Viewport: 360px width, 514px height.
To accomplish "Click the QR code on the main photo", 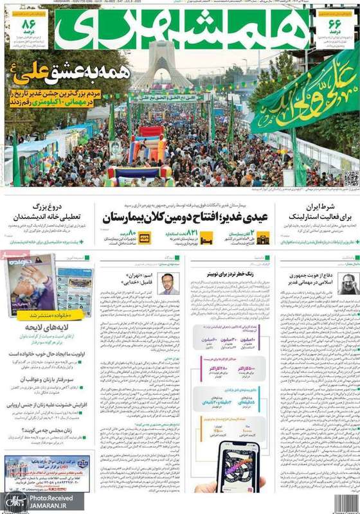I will (350, 179).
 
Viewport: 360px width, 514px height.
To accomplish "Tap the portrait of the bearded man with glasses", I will (168, 283).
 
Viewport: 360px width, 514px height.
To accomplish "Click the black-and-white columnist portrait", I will (348, 283).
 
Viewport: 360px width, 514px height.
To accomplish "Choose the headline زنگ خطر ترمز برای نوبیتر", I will (226, 274).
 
